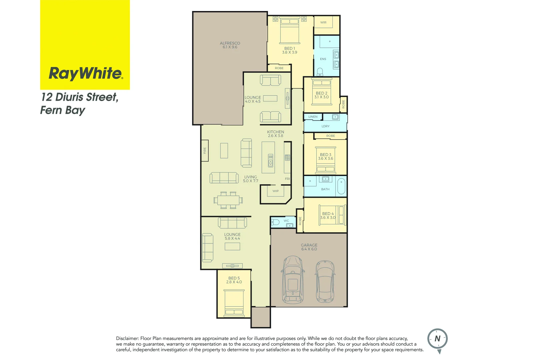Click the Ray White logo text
coord(85,73)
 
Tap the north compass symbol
coord(437,339)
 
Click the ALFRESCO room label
coord(230,43)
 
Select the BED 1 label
coord(289,48)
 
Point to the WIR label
coord(323,23)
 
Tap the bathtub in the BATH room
coord(341,186)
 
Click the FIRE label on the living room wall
coord(205,151)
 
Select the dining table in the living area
coord(228,200)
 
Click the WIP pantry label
coord(276,191)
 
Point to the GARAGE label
coord(309,245)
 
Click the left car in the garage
coord(293,280)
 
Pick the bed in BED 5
coord(234,303)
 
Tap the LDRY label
coord(325,126)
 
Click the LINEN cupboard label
coord(313,117)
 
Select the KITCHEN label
coord(275,132)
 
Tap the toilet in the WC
coord(275,222)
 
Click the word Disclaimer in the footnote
coord(127,338)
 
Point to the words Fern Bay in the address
coord(63,110)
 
